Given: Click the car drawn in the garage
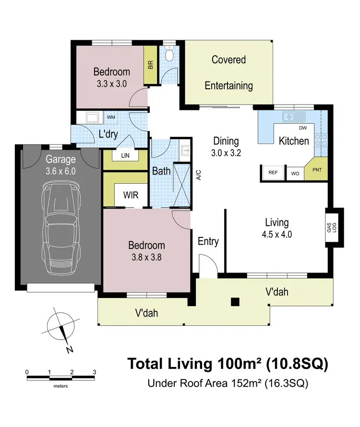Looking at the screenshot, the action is (x=61, y=229).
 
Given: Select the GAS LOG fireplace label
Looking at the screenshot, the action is (x=332, y=227).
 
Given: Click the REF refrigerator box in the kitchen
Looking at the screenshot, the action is (x=273, y=172).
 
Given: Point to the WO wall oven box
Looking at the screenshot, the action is (x=295, y=174).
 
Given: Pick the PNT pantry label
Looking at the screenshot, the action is (x=317, y=170).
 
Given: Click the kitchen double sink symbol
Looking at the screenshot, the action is (x=294, y=116).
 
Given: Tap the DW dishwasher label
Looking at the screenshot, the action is (x=303, y=128).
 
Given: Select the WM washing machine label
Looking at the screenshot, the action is (x=111, y=118).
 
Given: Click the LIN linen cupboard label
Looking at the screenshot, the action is (x=125, y=155).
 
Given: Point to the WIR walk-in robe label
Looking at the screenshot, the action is (x=131, y=195).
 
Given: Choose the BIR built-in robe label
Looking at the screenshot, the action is (x=150, y=65).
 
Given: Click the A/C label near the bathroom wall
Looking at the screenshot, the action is (x=199, y=175).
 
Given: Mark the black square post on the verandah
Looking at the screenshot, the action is (x=235, y=302).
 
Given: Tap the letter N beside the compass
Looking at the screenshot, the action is (x=70, y=350).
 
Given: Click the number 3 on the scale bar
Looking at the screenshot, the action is (x=94, y=372).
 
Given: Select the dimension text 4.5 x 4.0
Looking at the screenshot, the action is (x=277, y=235).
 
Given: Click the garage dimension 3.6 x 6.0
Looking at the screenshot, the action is (x=60, y=171).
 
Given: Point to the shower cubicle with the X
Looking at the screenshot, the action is (x=182, y=185).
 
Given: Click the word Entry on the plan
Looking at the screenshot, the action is (x=208, y=241).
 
